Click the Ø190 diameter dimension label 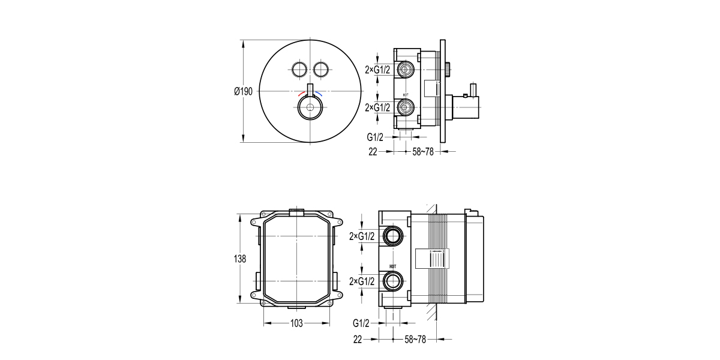click(x=243, y=91)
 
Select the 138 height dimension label click(x=239, y=259)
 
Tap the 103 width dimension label click(x=296, y=323)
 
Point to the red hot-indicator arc click(x=302, y=94)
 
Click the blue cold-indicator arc click(x=319, y=94)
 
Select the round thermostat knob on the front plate click(x=310, y=109)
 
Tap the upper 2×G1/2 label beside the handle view click(x=377, y=70)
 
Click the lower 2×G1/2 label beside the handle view click(x=377, y=108)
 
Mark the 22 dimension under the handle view click(x=373, y=152)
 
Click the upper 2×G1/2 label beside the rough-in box click(x=362, y=236)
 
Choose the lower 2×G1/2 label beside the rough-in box click(x=362, y=281)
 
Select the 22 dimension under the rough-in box click(x=358, y=340)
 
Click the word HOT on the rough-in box click(x=394, y=266)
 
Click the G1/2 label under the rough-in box click(x=361, y=323)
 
